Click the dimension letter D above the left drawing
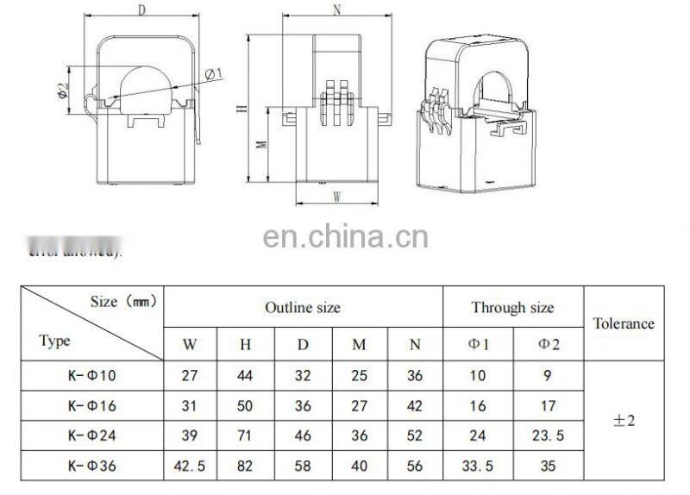pyautogui.click(x=141, y=10)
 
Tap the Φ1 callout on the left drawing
pyautogui.click(x=214, y=72)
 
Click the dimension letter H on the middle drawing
pyautogui.click(x=244, y=110)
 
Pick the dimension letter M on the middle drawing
pyautogui.click(x=262, y=144)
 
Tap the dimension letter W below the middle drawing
pyautogui.click(x=337, y=197)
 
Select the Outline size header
pyautogui.click(x=302, y=307)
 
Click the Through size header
pyautogui.click(x=512, y=307)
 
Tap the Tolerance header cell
pyautogui.click(x=624, y=323)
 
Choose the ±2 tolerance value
pyautogui.click(x=624, y=421)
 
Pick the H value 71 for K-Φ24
pyautogui.click(x=246, y=436)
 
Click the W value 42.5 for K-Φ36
pyautogui.click(x=190, y=467)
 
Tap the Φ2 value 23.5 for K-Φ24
pyautogui.click(x=548, y=436)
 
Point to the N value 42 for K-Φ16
pyautogui.click(x=415, y=406)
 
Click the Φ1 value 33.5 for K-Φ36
pyautogui.click(x=478, y=467)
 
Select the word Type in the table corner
pyautogui.click(x=55, y=341)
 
